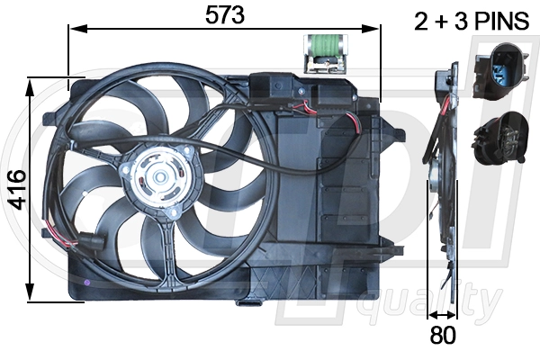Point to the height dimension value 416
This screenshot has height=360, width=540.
[15, 189]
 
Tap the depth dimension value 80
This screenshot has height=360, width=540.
[443, 337]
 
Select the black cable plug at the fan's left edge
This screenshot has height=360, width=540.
[91, 240]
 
